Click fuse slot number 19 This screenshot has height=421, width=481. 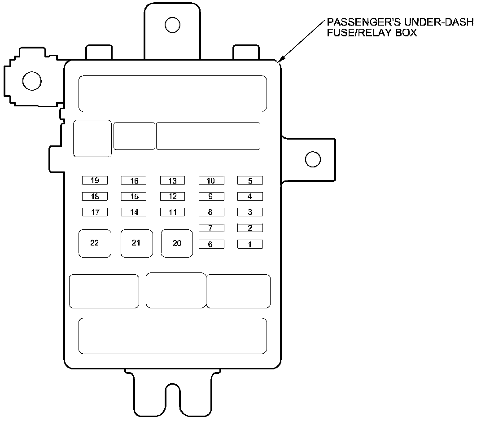click(x=95, y=180)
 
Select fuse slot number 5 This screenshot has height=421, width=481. click(x=250, y=180)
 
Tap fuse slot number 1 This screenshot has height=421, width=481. click(x=250, y=245)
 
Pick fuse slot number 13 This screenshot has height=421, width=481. click(x=172, y=180)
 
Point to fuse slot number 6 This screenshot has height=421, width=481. click(x=211, y=245)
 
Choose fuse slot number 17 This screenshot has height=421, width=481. click(x=95, y=212)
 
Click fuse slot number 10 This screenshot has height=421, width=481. click(x=211, y=180)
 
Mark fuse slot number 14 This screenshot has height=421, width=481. click(x=134, y=212)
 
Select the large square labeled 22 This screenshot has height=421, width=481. click(x=95, y=243)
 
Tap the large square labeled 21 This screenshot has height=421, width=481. click(x=136, y=243)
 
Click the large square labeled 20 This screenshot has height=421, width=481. click(x=177, y=243)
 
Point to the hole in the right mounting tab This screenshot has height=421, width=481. click(x=312, y=159)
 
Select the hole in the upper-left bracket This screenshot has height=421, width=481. click(x=32, y=81)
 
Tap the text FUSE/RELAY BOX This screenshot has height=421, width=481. click(x=372, y=33)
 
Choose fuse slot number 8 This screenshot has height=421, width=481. click(x=211, y=212)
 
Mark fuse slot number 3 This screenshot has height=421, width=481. click(x=250, y=212)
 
